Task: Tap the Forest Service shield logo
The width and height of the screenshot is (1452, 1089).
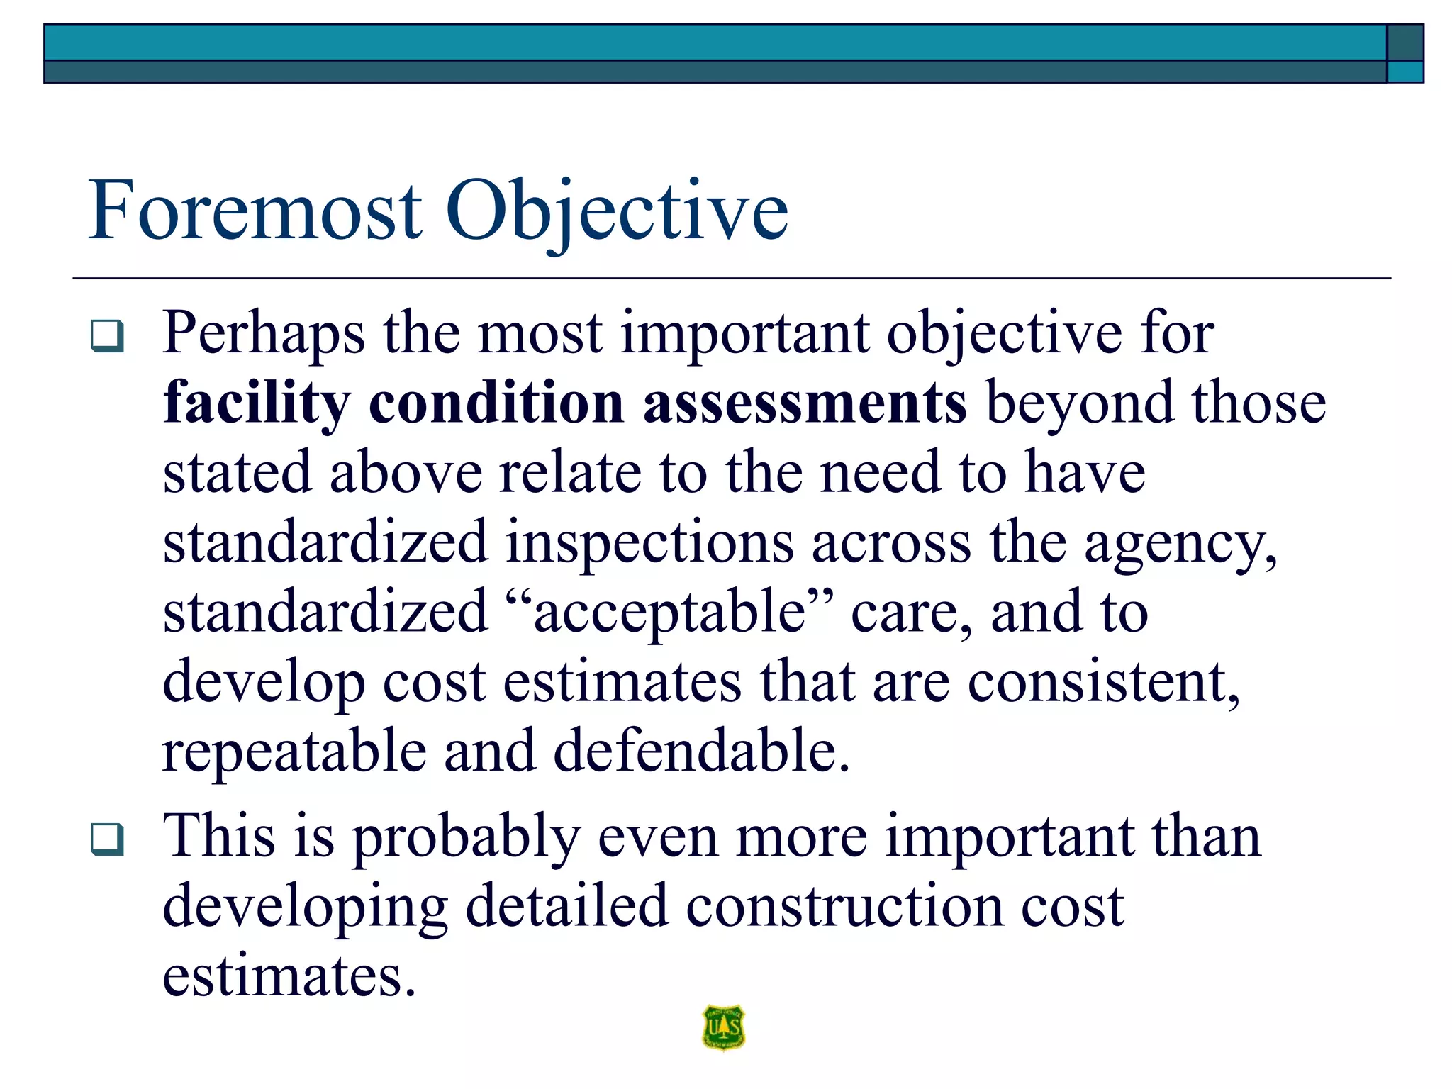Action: (723, 1027)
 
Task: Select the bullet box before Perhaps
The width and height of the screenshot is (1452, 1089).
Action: (108, 336)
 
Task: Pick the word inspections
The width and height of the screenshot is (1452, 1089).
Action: (649, 543)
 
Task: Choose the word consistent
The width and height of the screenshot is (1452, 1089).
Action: (1103, 682)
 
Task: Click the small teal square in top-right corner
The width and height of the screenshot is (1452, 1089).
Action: (1404, 72)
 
